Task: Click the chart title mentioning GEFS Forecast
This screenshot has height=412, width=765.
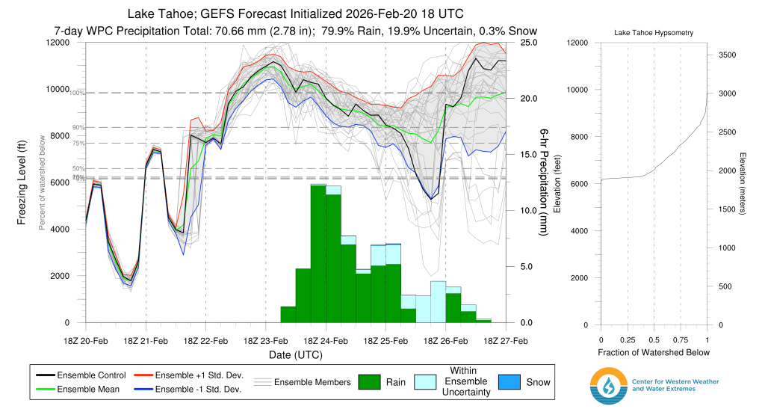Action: click(295, 14)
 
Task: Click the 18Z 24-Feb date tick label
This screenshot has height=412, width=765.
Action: click(326, 340)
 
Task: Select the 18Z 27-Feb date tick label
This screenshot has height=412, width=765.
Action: click(506, 340)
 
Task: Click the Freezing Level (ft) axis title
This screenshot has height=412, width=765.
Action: click(23, 182)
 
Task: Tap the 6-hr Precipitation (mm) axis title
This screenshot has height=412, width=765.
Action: click(545, 182)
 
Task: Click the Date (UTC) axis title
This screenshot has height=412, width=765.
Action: click(296, 354)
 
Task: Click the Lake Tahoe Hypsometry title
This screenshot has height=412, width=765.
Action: click(653, 34)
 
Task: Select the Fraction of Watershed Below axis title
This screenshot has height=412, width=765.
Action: click(654, 352)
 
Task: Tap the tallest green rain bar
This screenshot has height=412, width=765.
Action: click(318, 254)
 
